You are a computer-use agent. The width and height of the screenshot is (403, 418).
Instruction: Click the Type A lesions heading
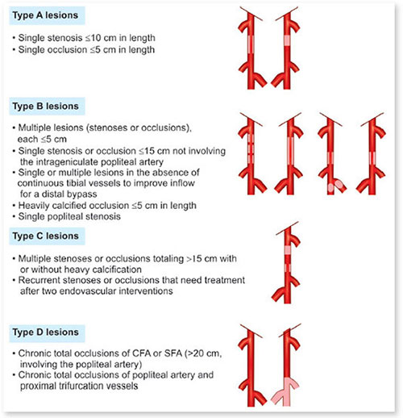tap(45, 15)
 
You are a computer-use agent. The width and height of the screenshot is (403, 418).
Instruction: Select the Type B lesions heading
tap(45, 107)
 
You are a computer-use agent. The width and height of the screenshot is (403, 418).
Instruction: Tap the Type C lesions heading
tap(45, 236)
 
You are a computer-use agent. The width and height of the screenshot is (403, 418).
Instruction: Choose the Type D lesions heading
tap(45, 332)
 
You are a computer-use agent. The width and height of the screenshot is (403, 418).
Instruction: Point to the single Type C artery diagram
tap(287, 263)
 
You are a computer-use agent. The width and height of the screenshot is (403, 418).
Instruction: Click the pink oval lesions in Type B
tap(335, 186)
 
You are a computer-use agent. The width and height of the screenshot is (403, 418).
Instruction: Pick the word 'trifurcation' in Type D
tap(56, 386)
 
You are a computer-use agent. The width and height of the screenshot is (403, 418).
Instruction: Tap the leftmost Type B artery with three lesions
tap(251, 154)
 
